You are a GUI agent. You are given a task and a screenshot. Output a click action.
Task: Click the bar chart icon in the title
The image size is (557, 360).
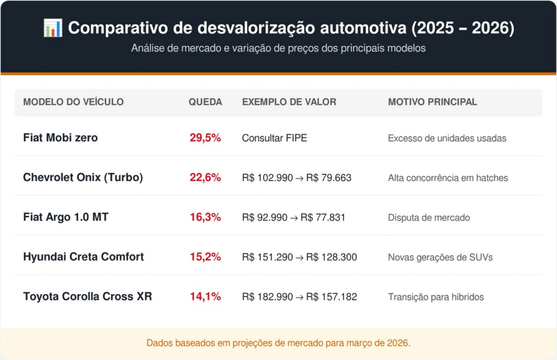coord(53,28)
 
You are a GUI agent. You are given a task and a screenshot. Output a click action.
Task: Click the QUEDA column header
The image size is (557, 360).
coord(205,102)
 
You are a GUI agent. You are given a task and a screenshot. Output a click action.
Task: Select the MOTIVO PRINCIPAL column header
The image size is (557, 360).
coord(432,102)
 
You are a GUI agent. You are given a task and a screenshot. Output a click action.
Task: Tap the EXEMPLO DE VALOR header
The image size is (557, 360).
coord(289,102)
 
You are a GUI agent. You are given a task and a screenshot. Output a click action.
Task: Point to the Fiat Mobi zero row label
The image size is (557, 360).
coord(60,138)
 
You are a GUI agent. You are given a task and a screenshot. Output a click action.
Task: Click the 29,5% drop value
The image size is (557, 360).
coord(205,138)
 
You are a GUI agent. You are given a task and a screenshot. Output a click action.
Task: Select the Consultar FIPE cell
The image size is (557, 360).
coord(274,138)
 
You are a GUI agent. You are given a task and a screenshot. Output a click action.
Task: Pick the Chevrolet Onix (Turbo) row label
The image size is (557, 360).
coord(83,178)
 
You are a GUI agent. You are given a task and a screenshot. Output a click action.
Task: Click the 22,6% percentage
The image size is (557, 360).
coord(205,178)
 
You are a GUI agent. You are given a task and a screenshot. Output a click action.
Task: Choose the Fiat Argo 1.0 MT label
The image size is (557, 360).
coord(66,218)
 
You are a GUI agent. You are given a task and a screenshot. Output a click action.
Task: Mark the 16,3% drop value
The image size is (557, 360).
coord(205,218)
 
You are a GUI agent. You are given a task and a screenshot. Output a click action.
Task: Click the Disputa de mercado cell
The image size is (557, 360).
coord(429,218)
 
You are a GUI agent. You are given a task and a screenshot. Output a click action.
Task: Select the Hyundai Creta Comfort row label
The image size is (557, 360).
coord(83,257)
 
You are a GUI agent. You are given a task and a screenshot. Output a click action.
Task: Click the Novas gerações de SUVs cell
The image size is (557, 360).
coord(440,257)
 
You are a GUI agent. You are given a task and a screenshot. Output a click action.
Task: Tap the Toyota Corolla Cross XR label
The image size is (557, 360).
coord(88,297)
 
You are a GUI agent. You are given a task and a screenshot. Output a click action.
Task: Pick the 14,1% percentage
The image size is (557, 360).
coord(205,297)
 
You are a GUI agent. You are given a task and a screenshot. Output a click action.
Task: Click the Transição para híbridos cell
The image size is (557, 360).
coord(436,297)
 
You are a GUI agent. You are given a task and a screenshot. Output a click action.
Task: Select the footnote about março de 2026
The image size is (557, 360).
coord(278,343)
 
